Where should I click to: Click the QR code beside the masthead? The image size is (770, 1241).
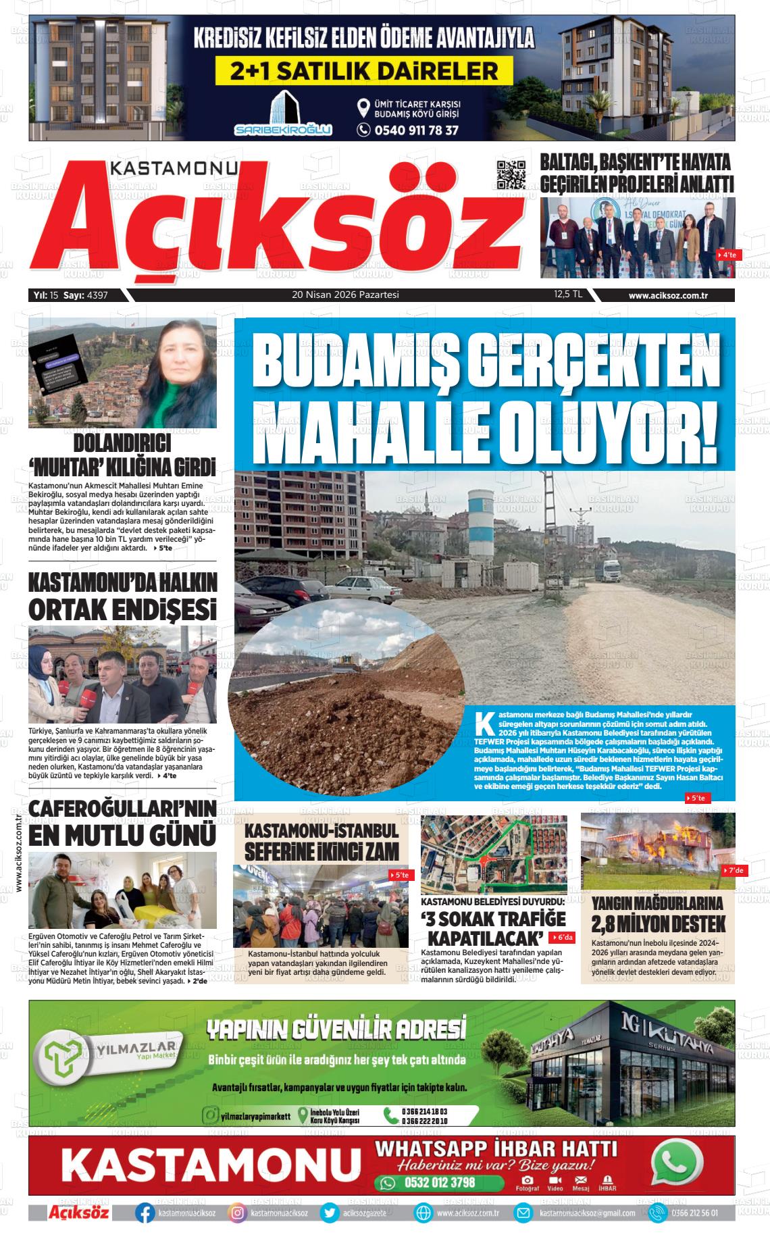[x=511, y=175]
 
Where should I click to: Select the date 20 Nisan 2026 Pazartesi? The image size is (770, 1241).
[x=345, y=295]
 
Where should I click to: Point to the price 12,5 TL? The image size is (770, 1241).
[x=568, y=295]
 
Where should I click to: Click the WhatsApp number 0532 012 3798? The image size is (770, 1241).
[x=439, y=1182]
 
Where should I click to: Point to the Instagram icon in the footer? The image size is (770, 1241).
[x=237, y=1213]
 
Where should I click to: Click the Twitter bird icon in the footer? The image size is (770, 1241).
[x=330, y=1213]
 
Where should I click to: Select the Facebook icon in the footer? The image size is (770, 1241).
[x=145, y=1213]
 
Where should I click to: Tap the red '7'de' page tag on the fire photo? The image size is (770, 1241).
[x=734, y=871]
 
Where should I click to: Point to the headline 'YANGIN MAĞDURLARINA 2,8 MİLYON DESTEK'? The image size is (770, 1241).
[x=657, y=914]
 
